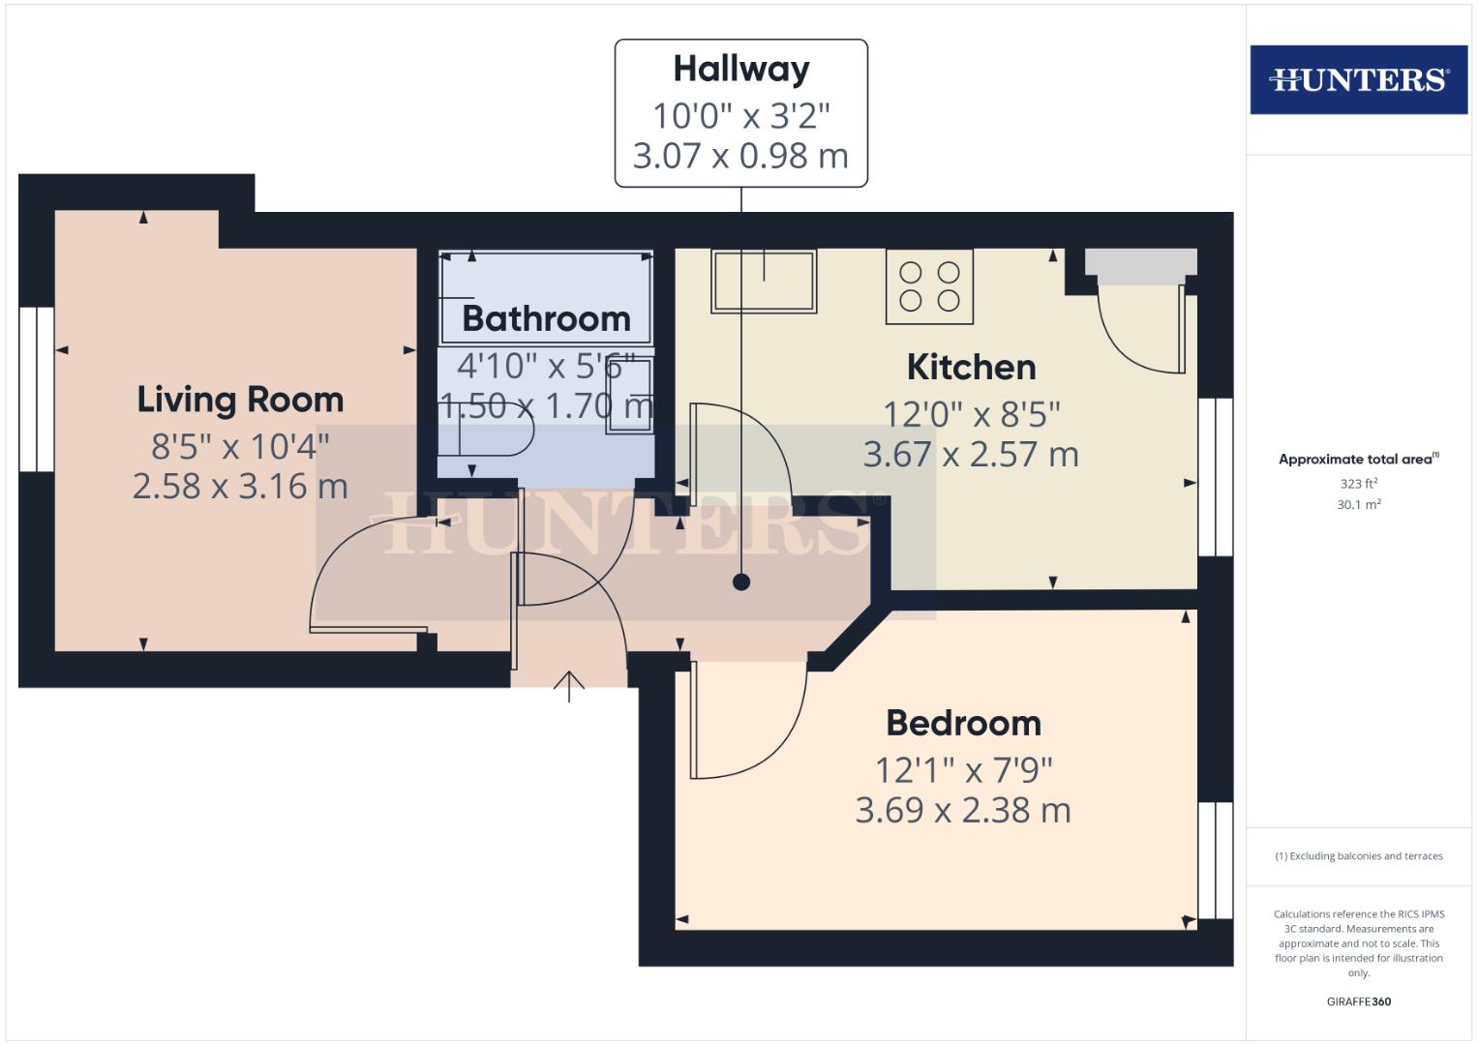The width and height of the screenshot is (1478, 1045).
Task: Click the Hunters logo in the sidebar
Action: click(1358, 79)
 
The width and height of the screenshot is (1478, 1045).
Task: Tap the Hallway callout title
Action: click(741, 70)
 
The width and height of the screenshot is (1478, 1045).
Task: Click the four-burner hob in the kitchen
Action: click(929, 286)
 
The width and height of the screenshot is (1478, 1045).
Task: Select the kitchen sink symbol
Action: click(764, 281)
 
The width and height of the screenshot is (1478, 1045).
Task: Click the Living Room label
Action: click(240, 400)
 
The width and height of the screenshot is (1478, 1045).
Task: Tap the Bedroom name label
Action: click(963, 723)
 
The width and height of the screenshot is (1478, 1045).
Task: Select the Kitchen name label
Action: click(971, 367)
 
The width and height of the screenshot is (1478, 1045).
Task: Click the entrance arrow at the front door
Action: click(569, 685)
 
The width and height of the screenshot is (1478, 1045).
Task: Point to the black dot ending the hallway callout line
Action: click(741, 582)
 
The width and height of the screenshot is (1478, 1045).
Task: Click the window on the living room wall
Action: click(37, 389)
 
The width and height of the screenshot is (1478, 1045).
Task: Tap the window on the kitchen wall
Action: click(1215, 477)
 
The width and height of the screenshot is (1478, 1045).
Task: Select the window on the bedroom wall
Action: click(1215, 859)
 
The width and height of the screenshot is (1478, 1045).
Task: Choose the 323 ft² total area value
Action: click(1358, 484)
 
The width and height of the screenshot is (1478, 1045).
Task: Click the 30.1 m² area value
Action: click(1358, 504)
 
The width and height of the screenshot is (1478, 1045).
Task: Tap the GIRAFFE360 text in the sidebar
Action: click(1358, 1001)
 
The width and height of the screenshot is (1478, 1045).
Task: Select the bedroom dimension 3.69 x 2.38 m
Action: click(963, 810)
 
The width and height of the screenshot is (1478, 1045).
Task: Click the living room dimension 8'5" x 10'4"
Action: click(240, 446)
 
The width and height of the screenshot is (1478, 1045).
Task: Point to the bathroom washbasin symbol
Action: click(630, 396)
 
